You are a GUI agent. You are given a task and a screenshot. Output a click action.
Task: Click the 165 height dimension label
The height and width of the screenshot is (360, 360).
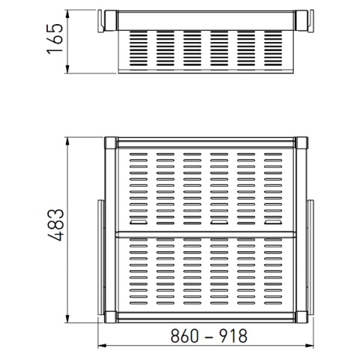tap(55, 38)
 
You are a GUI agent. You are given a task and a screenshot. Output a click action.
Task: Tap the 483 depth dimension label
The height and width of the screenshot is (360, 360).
tap(55, 224)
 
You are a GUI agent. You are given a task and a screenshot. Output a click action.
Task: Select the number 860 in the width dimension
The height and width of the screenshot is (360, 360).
tap(184, 335)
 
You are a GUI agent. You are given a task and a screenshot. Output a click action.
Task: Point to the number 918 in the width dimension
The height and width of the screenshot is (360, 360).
tap(233, 335)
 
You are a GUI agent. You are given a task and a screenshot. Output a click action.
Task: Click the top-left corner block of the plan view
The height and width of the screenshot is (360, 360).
tap(111, 142)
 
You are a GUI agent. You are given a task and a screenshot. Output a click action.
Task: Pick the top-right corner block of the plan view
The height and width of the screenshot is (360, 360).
tap(301, 142)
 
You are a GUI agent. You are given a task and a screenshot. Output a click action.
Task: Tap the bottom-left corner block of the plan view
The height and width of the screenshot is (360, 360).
tap(111, 316)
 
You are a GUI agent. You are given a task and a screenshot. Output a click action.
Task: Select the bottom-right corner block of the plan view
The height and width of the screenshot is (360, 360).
tap(301, 316)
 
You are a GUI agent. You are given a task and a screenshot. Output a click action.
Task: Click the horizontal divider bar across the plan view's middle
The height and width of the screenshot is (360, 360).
tap(206, 235)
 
